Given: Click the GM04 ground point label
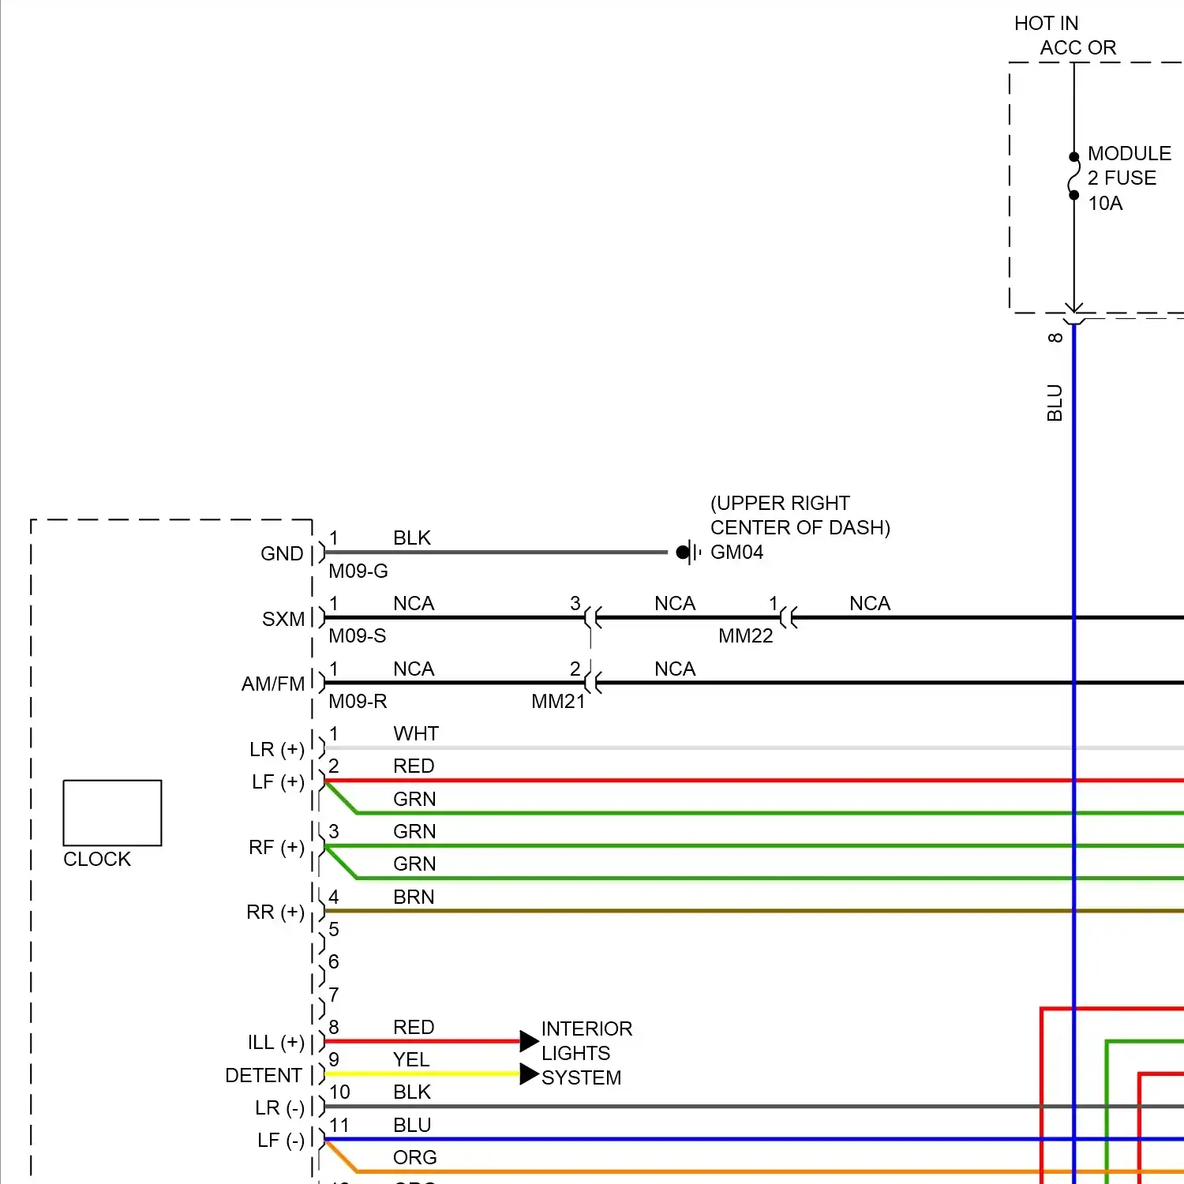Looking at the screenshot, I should [x=736, y=552].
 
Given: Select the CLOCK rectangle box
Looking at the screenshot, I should [x=112, y=813].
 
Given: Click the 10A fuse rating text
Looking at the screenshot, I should [x=1105, y=204].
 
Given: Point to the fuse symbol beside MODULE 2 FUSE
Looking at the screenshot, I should [x=1073, y=176].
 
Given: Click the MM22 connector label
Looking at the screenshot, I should [x=745, y=636].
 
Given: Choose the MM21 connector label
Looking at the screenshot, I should [x=558, y=702].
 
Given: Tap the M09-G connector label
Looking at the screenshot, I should [x=358, y=571].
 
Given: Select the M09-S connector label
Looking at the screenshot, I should [x=358, y=636].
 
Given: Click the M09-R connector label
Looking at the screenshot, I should [x=358, y=702].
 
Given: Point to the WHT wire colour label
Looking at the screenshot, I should [x=416, y=734].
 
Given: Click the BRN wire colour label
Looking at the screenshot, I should [x=414, y=897].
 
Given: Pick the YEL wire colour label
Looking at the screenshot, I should [x=411, y=1060].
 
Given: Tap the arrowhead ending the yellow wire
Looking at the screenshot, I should [x=529, y=1074].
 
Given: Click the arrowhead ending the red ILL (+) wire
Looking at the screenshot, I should [x=529, y=1041].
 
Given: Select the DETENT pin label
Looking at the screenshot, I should [x=264, y=1076].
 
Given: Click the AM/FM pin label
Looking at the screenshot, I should [x=273, y=684].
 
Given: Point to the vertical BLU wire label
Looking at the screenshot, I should [x=1055, y=403].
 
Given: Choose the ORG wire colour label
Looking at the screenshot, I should [x=414, y=1158].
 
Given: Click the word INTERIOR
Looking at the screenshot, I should [x=586, y=1029].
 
